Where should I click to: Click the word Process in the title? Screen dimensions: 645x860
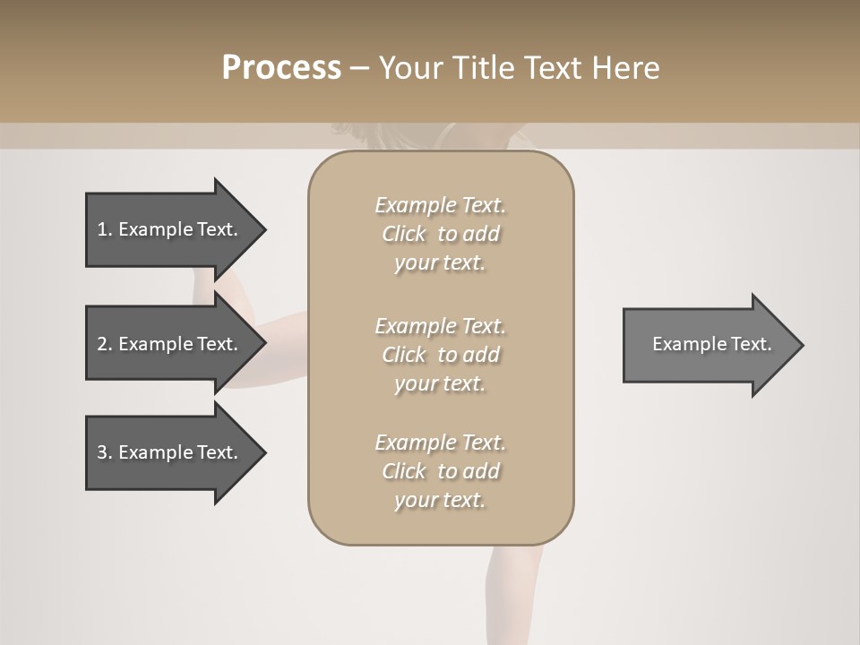click(x=281, y=68)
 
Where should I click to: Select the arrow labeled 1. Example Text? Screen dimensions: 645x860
click(x=170, y=229)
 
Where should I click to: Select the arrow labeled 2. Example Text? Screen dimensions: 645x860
click(x=170, y=344)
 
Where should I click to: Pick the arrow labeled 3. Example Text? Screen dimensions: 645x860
click(x=170, y=452)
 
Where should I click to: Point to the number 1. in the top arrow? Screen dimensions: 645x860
click(x=104, y=229)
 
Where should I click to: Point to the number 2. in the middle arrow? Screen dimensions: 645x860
click(x=104, y=344)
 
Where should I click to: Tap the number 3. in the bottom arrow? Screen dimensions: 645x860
click(x=104, y=452)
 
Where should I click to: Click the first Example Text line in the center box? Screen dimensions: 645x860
click(x=440, y=205)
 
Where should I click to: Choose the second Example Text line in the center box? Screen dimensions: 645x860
click(x=440, y=326)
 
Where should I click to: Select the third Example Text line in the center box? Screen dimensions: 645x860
click(x=440, y=443)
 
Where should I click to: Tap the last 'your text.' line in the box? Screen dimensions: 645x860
click(x=440, y=500)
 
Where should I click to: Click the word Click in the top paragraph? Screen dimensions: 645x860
click(x=404, y=234)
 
